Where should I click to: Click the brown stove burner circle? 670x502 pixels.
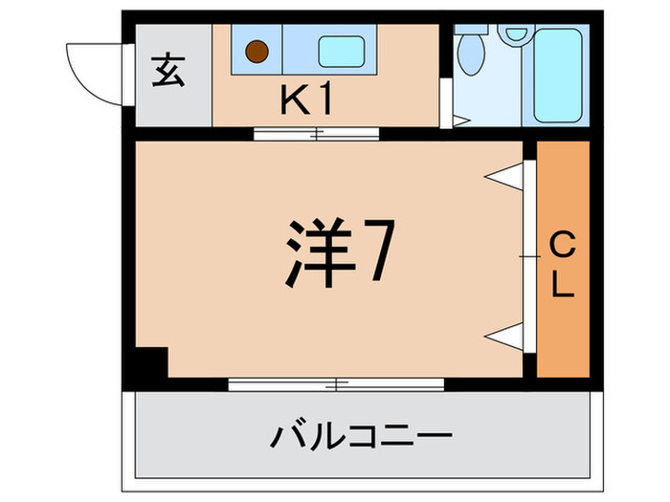tap(256, 50)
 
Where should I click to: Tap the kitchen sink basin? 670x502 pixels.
tap(343, 52)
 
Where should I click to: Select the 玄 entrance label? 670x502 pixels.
tap(168, 74)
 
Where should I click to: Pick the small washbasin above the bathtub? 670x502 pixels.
tap(518, 33)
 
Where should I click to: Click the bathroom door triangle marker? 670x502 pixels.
tap(460, 121)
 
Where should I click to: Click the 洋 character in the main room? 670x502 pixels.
tap(316, 253)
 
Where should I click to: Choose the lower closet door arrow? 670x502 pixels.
tap(502, 334)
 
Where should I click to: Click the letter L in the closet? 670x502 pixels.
tap(563, 285)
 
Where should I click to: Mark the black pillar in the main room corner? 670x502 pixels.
tap(149, 362)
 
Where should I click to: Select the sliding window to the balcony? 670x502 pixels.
tap(336, 384)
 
